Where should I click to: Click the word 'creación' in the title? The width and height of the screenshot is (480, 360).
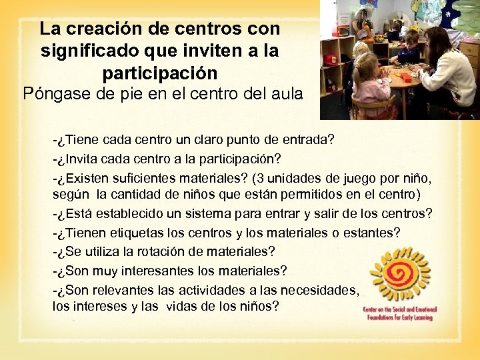pos(107,29)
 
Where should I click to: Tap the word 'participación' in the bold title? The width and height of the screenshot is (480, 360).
pos(160,72)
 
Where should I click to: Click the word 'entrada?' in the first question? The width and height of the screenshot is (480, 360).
pos(306,141)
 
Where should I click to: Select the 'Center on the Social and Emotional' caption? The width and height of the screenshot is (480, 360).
pos(399,310)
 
